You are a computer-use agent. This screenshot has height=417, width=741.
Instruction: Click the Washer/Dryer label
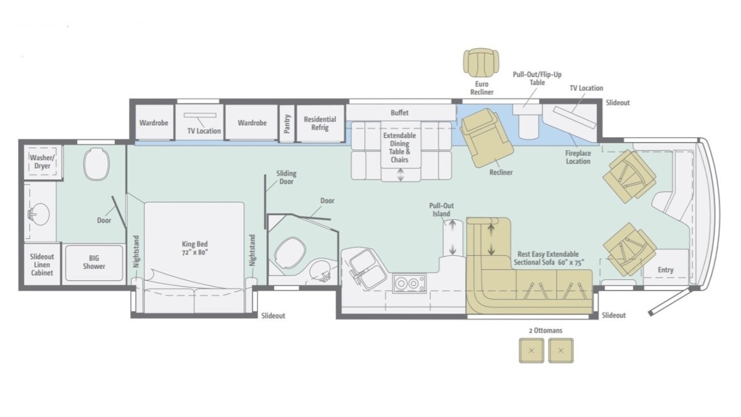click(x=43, y=162)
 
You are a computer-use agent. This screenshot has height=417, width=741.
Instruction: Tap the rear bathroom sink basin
click(x=40, y=215)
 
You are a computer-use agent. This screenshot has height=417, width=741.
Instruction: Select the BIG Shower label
click(x=94, y=262)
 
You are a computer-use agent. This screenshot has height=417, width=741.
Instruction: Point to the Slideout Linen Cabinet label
click(x=42, y=265)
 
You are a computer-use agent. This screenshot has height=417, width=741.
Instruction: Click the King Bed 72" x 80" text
click(x=195, y=248)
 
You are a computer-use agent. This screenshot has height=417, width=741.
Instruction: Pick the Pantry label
click(x=287, y=124)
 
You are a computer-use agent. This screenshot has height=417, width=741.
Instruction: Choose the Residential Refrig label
click(x=320, y=123)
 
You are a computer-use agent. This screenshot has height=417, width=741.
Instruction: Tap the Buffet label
click(x=400, y=112)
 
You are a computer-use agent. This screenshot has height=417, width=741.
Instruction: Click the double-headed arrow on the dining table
click(x=401, y=175)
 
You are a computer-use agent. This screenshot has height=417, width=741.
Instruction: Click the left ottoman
click(x=531, y=350)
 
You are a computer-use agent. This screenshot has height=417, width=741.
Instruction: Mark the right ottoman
click(x=561, y=350)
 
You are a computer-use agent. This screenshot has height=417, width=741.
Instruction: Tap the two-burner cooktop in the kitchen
click(x=409, y=284)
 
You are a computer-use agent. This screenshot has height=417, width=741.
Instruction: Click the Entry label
click(x=665, y=270)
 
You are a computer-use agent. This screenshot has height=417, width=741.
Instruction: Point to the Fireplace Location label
click(x=578, y=157)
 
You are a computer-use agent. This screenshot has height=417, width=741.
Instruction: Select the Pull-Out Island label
click(x=442, y=210)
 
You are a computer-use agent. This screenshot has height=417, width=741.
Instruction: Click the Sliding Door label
click(x=286, y=177)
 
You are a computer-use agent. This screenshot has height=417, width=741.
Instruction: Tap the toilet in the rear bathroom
click(x=96, y=164)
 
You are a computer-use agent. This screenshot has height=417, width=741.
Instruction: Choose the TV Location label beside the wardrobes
click(x=204, y=131)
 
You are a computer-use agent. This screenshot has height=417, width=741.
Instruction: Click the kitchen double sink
click(x=367, y=269)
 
